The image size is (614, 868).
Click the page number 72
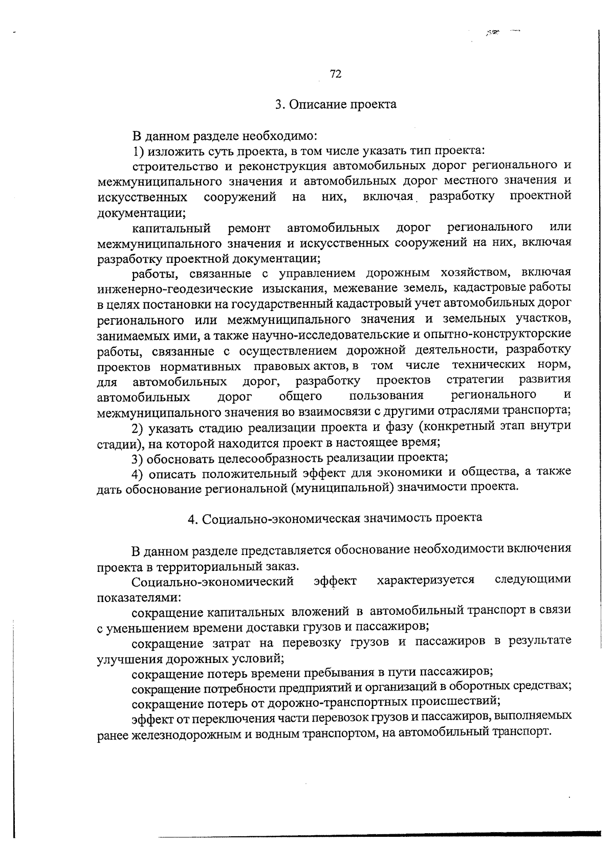[x=336, y=74]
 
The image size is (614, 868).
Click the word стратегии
[x=475, y=380]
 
